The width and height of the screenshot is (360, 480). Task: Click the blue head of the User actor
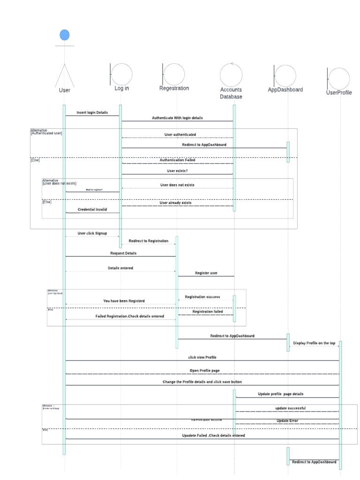tap(65, 35)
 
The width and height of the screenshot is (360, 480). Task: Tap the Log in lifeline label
tap(121, 88)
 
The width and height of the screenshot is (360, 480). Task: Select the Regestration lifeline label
tap(174, 88)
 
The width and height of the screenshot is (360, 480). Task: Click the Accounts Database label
tap(231, 93)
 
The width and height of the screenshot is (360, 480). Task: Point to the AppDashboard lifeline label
tap(285, 90)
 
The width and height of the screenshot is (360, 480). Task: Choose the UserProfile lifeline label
tap(338, 92)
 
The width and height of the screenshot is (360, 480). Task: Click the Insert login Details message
tap(92, 112)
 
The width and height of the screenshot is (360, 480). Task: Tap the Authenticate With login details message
tap(177, 118)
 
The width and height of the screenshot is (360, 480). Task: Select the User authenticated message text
tap(180, 135)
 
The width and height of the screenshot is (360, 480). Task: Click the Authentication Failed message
tap(177, 160)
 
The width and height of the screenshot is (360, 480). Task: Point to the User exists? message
tap(177, 171)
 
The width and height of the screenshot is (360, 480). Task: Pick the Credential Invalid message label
tap(92, 210)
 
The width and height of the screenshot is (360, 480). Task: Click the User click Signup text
tap(92, 233)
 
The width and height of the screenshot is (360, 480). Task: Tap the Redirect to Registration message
tap(148, 240)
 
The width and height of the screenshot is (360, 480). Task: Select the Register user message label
tap(206, 273)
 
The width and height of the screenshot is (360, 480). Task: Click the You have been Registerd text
tap(124, 301)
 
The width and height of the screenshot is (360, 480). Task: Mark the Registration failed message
tap(207, 311)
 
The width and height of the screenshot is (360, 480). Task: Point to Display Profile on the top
tap(314, 343)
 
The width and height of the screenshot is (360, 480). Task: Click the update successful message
tap(290, 408)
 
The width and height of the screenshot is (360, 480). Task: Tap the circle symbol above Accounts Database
tap(231, 74)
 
